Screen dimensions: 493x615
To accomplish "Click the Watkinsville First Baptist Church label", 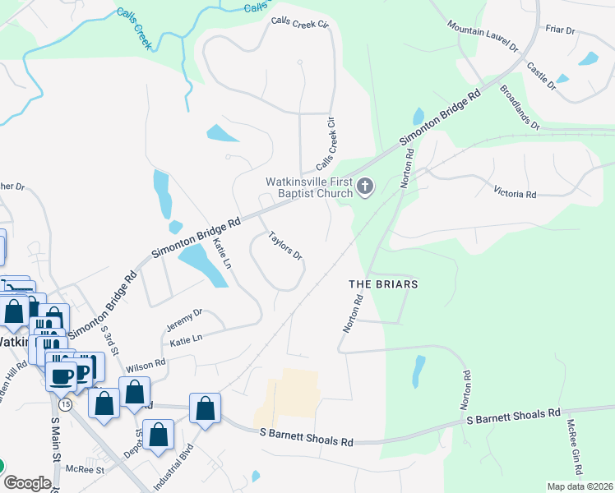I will point(308,187).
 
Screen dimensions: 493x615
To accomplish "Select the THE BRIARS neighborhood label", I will point(384,284).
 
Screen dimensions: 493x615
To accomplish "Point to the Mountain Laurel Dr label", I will point(483,39).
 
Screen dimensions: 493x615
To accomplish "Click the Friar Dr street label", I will point(560,30).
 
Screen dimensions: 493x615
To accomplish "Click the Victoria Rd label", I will point(515,195).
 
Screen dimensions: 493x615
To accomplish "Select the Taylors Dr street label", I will point(285,245).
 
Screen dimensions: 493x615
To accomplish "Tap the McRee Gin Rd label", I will point(573,449).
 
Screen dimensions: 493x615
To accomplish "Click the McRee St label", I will point(87,470).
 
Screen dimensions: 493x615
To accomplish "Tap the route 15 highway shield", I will point(64,404).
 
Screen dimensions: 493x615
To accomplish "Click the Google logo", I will point(26,483).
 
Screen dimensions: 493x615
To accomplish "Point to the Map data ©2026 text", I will point(580,486).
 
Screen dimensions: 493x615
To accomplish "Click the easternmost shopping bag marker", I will point(205,408).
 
